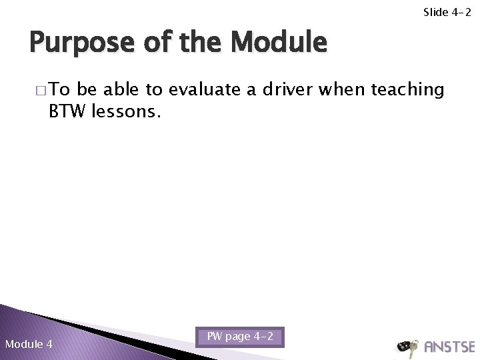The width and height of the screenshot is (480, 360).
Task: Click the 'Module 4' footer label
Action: (x=29, y=344)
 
